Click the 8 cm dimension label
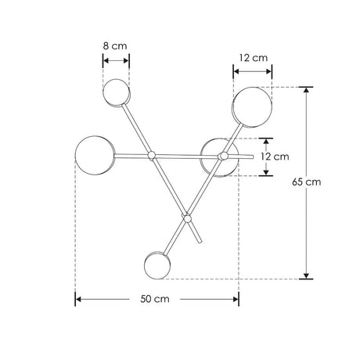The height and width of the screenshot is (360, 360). pos(116,46)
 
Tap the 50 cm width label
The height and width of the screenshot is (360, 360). pos(156,300)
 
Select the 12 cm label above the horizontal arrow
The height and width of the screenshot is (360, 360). pos(252,58)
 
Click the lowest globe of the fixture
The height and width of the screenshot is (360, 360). pos(157,265)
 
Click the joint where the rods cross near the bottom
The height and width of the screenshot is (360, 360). pos(186,217)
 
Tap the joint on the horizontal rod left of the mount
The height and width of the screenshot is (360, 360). pos(153,156)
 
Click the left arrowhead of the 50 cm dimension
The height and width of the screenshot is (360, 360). pos(79,299)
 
